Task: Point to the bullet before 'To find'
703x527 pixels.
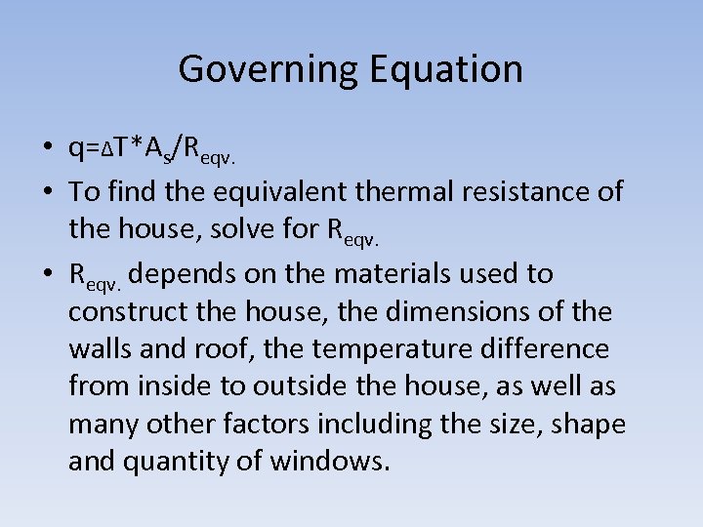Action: (x=47, y=191)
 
